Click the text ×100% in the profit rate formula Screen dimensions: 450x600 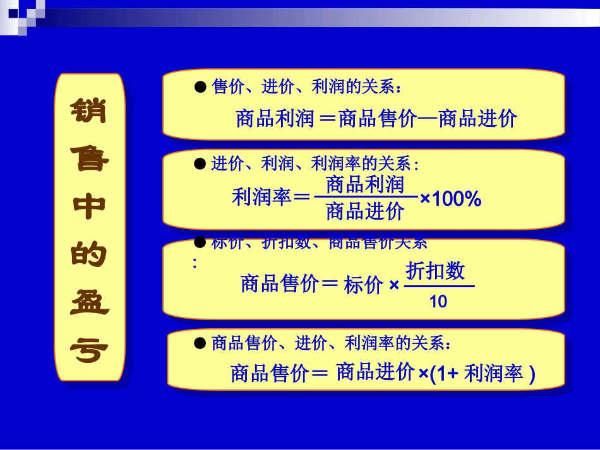click(x=450, y=200)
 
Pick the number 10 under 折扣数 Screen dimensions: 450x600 click(x=438, y=302)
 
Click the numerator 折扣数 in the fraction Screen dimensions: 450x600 click(x=436, y=271)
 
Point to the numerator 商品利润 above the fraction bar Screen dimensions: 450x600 click(x=364, y=184)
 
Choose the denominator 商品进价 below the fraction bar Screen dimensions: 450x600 click(x=364, y=211)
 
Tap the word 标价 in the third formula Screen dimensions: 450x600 click(x=364, y=285)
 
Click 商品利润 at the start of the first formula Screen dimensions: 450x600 click(x=275, y=119)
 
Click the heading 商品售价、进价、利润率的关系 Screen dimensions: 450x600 click(x=331, y=343)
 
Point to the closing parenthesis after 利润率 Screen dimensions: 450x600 click(x=532, y=375)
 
